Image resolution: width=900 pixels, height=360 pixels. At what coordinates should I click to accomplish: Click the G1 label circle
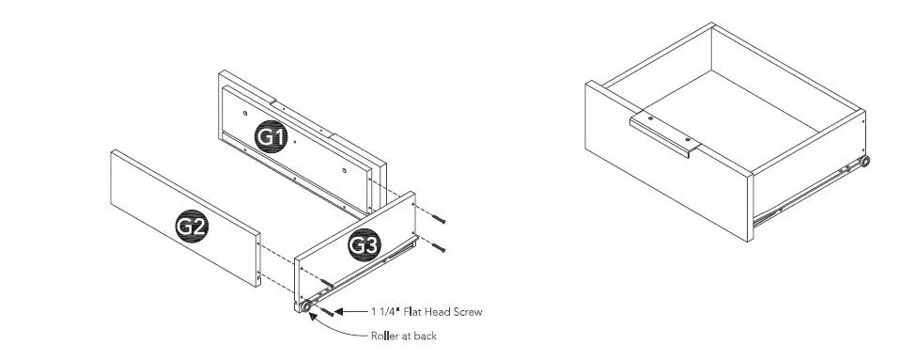272,136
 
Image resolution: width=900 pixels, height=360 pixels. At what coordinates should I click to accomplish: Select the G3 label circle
364,245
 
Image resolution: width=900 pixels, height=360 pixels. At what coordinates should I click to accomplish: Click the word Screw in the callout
466,311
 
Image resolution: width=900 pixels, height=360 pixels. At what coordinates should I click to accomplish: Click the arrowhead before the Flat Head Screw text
340,311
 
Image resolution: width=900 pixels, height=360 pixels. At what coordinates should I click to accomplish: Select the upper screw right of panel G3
439,218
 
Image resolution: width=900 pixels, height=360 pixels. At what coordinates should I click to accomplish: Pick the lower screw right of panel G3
439,248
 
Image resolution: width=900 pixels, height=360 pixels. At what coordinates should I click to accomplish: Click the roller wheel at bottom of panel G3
306,307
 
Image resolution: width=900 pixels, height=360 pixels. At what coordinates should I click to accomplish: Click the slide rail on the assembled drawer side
808,194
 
